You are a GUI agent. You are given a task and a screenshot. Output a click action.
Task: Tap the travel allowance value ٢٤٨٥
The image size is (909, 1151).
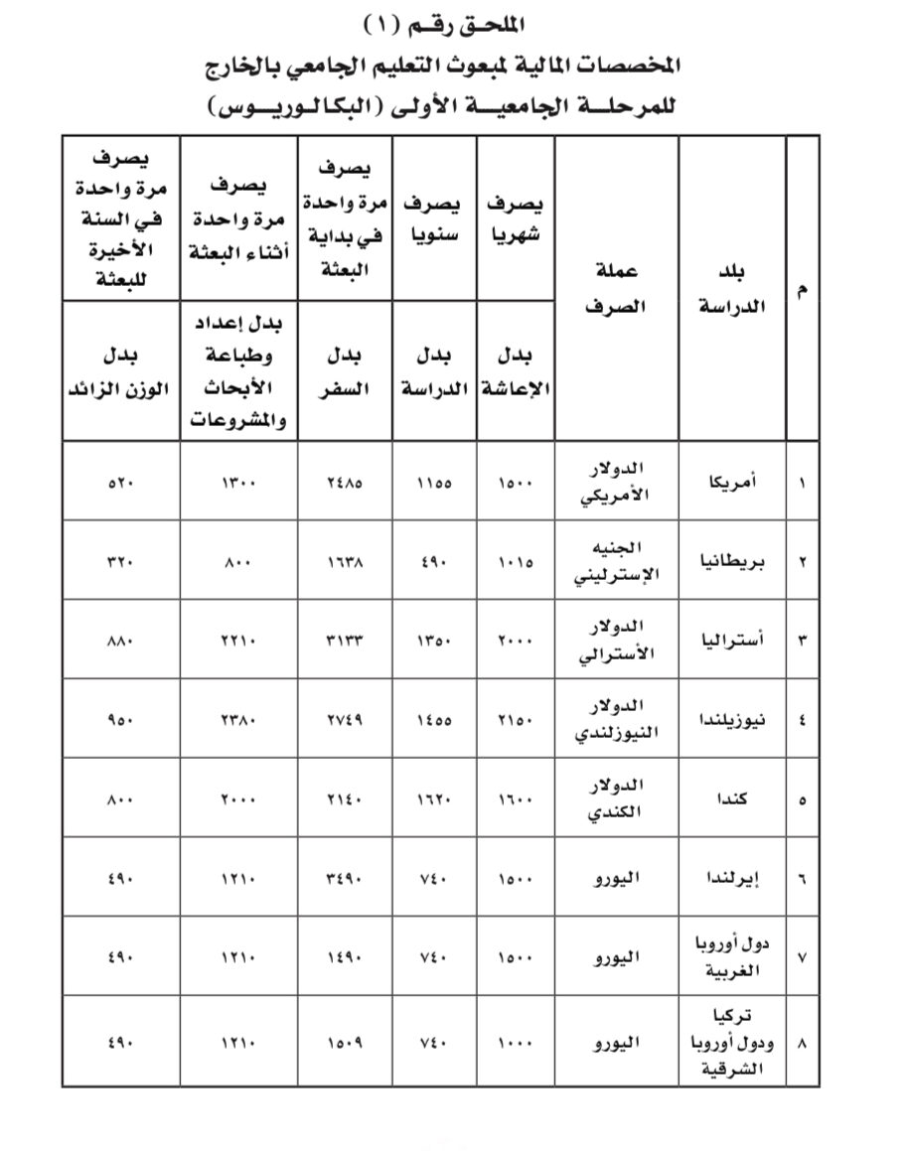[x=345, y=483]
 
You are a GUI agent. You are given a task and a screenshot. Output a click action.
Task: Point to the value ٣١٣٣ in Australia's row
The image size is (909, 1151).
[x=345, y=641]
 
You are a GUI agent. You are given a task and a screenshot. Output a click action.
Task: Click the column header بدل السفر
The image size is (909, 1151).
[x=345, y=372]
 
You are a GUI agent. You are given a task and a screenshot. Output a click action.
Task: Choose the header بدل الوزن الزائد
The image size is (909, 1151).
[x=119, y=372]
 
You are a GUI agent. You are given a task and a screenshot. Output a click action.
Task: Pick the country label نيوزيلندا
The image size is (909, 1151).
[x=734, y=720]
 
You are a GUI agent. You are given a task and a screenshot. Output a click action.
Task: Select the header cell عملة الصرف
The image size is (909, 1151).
[x=616, y=288]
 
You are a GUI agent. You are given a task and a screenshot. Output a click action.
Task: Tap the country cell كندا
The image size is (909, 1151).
[x=739, y=799]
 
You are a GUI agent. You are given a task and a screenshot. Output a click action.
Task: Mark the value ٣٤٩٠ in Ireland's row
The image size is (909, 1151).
[x=345, y=878]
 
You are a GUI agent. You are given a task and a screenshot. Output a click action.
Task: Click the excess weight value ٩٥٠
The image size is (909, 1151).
[x=120, y=720]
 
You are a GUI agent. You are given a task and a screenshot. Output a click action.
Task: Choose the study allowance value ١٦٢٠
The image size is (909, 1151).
[x=434, y=799]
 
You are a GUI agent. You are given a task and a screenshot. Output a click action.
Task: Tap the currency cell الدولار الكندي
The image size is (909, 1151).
[x=618, y=798]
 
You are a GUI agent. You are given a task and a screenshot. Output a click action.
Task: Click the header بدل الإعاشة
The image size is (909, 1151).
[x=516, y=372]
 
